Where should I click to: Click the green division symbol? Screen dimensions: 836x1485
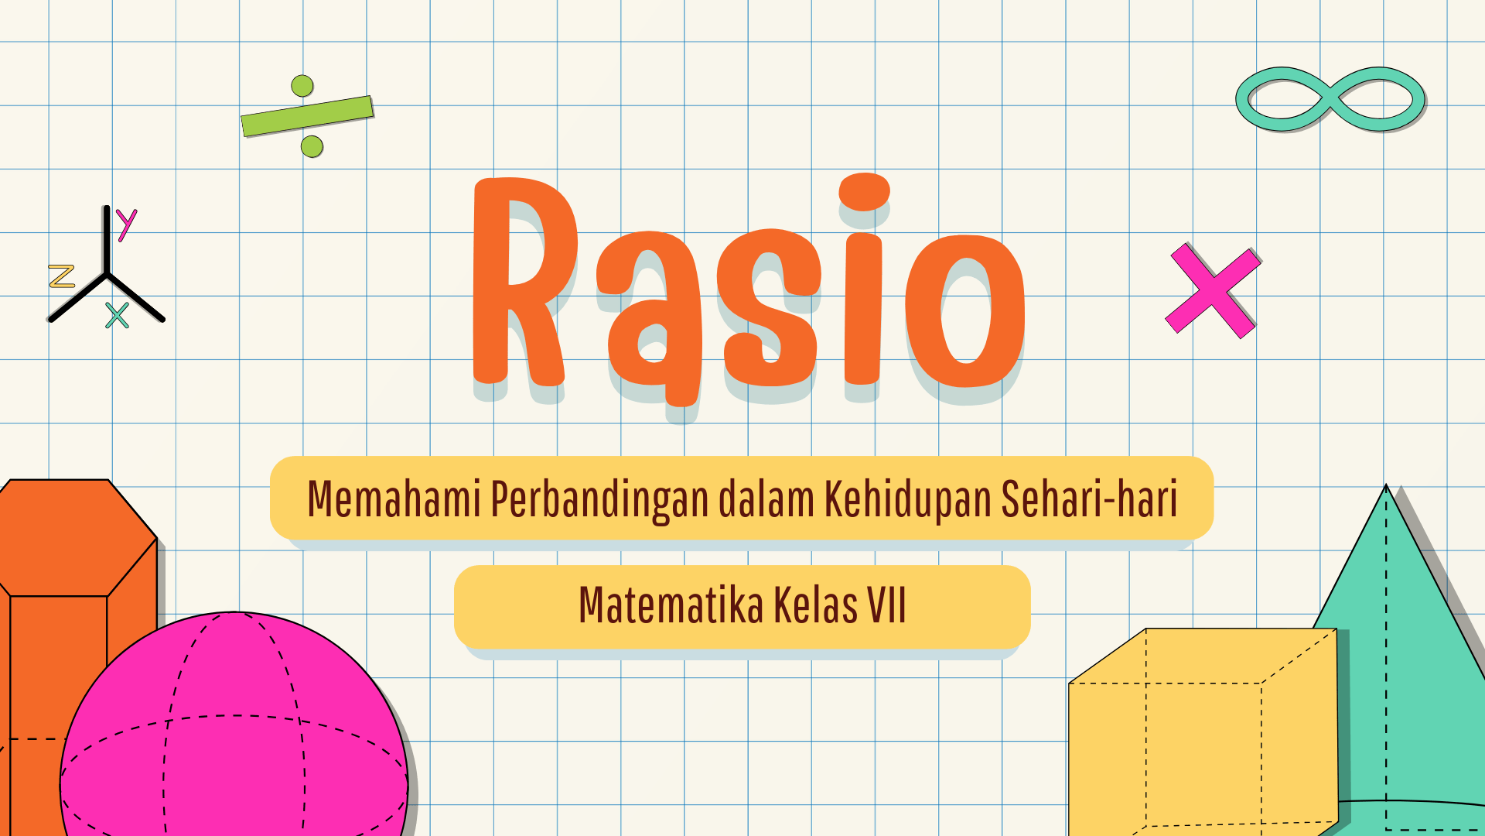307,115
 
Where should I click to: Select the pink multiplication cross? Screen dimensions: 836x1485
1213,291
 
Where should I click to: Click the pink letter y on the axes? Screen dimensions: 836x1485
126,224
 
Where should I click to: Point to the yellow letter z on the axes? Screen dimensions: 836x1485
61,276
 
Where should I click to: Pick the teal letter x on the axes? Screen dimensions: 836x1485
118,316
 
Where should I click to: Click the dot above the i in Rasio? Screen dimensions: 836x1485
864,191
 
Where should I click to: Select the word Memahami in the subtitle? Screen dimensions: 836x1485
394,499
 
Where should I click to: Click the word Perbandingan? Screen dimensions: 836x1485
599,499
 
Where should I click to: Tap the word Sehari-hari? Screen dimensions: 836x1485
1089,499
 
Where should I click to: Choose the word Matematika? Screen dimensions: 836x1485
671,605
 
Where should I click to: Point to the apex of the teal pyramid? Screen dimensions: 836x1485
1386,487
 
